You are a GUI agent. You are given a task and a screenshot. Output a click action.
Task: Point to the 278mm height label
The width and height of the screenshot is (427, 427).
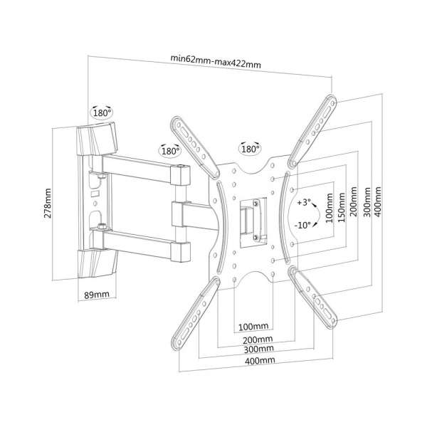pos(48,208)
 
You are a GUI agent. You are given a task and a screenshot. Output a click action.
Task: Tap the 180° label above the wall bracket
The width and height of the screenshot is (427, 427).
pos(102,113)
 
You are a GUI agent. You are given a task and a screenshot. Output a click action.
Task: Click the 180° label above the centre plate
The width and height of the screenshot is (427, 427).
pos(250,150)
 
